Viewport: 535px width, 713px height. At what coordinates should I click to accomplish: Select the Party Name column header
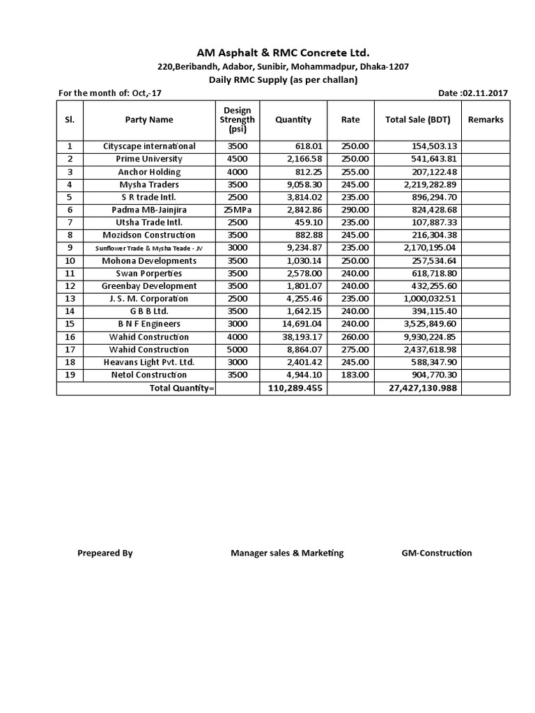149,120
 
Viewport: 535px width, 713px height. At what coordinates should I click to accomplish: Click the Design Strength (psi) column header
238,120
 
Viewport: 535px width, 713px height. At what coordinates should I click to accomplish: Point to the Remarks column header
486,120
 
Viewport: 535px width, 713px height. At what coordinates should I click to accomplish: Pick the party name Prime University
149,159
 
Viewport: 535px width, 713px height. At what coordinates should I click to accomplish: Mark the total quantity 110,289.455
295,389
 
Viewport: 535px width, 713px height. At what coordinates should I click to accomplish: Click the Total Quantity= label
182,389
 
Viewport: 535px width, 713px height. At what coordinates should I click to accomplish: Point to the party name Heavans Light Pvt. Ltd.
149,363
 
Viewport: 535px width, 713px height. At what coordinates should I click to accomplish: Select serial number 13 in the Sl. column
69,299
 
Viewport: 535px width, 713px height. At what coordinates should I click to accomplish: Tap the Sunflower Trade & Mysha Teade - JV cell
149,248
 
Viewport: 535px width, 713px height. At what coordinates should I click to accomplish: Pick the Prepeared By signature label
105,554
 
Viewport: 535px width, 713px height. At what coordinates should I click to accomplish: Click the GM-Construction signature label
437,554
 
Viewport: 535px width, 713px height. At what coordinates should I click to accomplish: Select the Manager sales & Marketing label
287,554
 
